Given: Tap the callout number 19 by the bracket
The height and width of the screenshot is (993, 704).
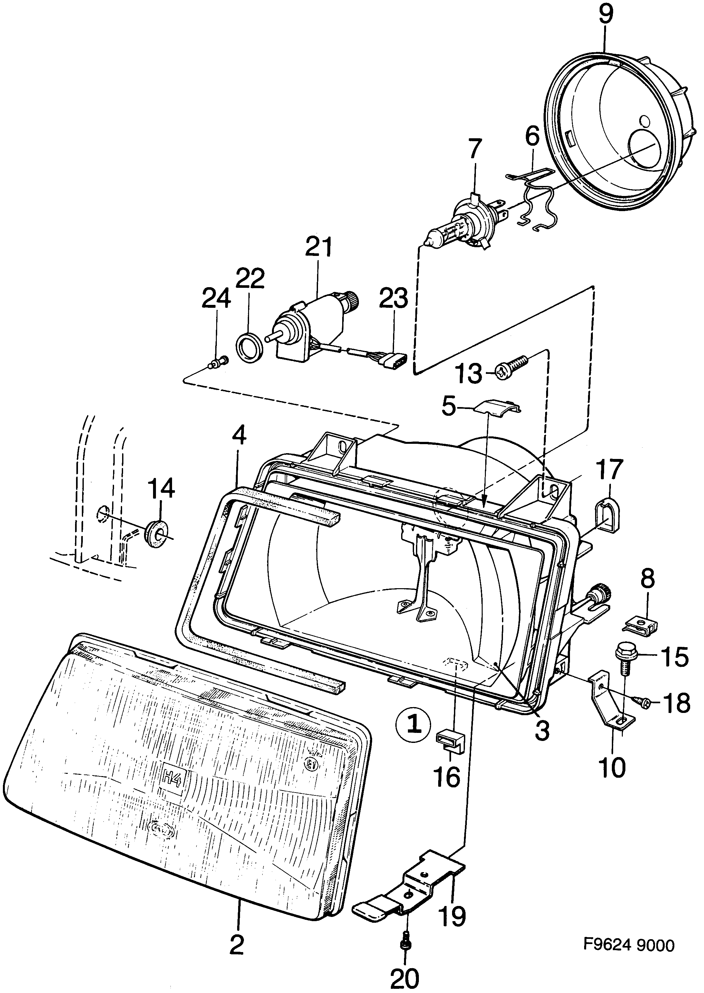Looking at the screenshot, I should point(452,916).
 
